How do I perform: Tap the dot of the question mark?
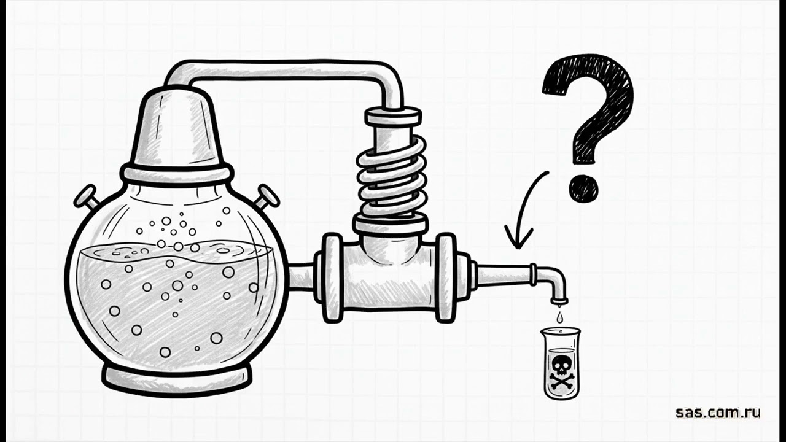coord(583,188)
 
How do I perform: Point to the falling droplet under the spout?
coord(560,318)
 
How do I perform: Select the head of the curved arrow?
coord(519,238)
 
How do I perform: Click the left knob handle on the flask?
coord(85,197)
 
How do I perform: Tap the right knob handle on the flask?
coord(267,197)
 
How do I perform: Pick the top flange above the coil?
coord(393,117)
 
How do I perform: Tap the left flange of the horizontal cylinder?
coord(332,278)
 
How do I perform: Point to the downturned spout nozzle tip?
coord(559,301)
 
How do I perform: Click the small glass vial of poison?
coord(560,363)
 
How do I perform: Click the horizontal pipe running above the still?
coord(281,72)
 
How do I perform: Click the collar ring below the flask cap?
coord(177,173)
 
